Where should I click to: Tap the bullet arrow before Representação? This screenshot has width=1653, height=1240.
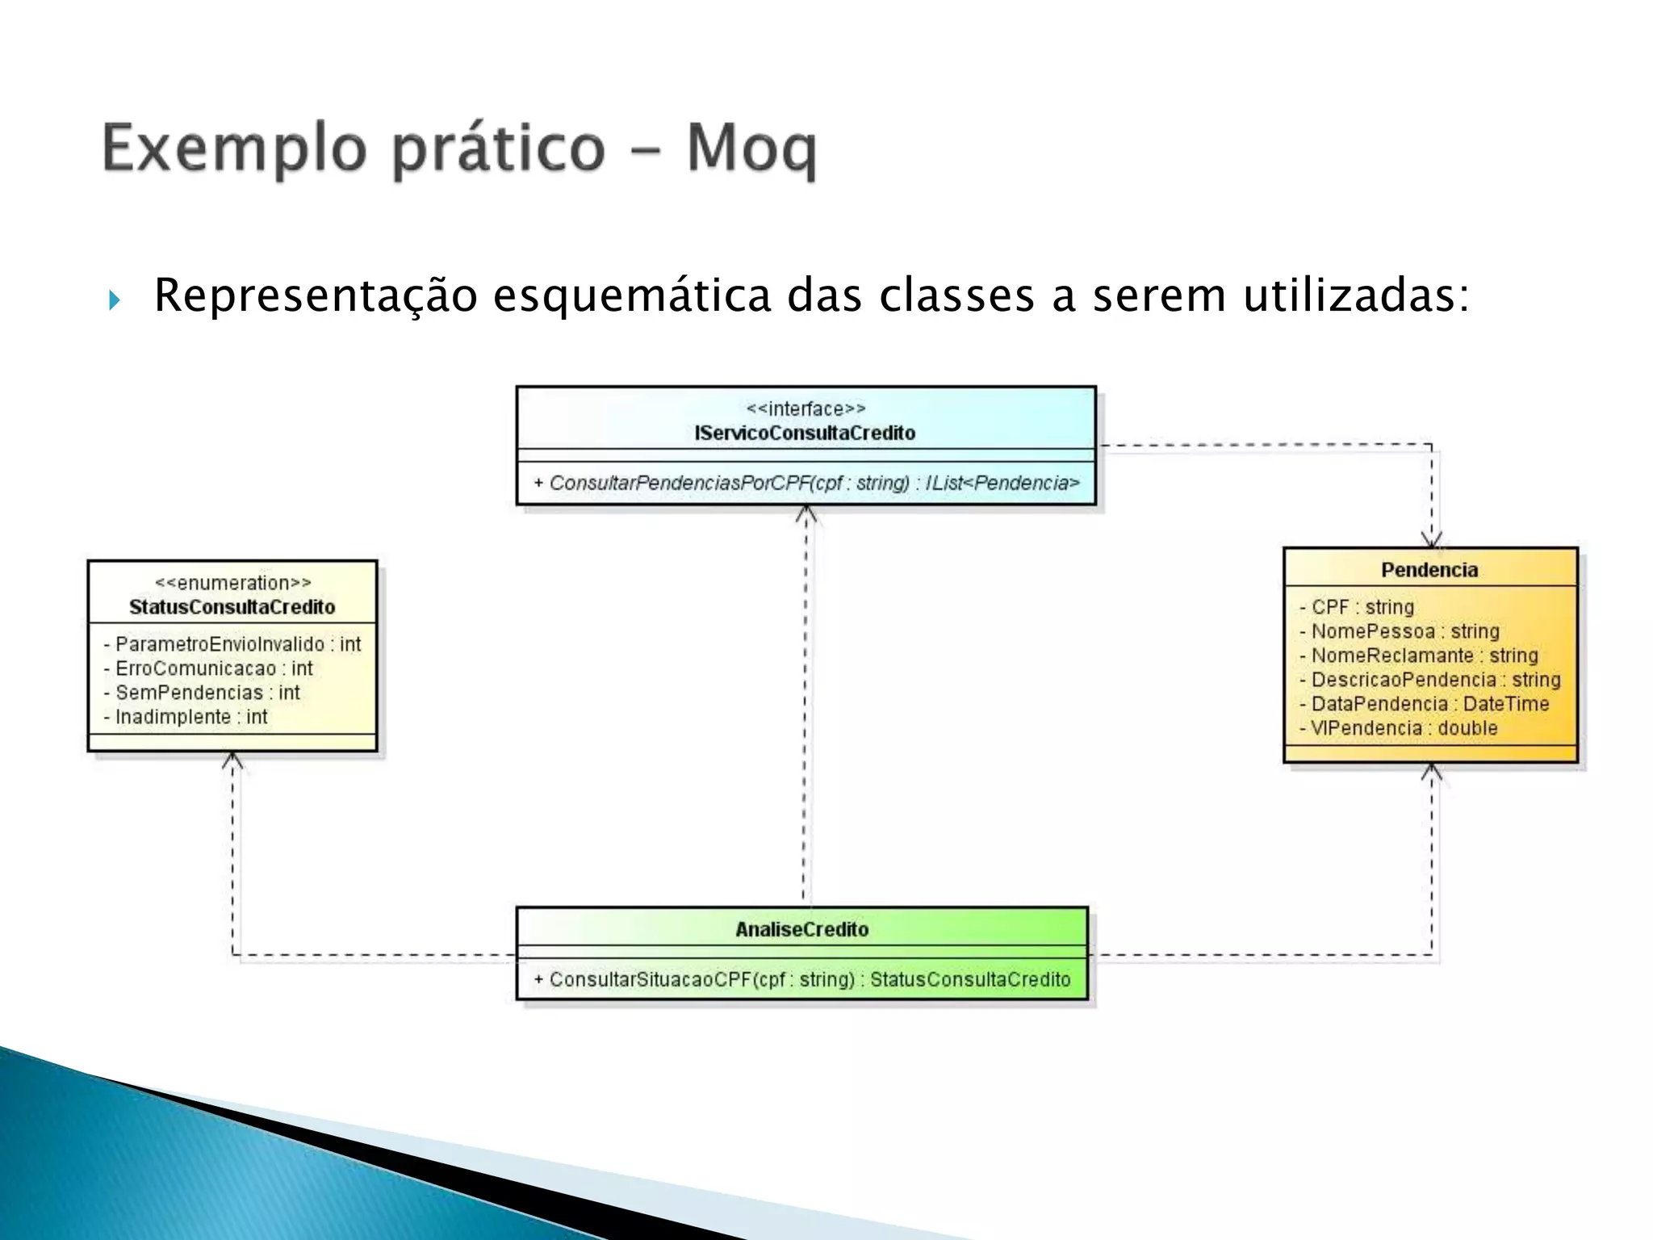pos(114,301)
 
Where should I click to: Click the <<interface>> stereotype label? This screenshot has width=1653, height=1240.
pos(806,409)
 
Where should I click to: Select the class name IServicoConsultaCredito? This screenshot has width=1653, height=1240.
pos(805,434)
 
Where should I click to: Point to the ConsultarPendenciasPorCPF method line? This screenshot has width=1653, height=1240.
pos(806,484)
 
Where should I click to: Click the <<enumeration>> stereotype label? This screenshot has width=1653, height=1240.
pos(232,583)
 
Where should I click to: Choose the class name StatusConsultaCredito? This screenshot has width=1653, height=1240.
pos(232,607)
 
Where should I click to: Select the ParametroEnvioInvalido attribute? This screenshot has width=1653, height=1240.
pos(232,644)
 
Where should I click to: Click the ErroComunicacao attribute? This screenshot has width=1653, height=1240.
pos(208,668)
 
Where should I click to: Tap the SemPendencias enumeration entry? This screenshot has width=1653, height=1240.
pos(202,693)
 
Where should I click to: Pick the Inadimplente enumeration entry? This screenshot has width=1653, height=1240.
pos(186,717)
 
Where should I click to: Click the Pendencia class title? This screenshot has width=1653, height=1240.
pos(1429,570)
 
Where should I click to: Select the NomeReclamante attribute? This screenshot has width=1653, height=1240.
pos(1419,656)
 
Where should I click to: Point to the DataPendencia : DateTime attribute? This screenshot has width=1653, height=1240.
pos(1425,704)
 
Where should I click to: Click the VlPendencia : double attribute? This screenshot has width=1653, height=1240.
pos(1399,728)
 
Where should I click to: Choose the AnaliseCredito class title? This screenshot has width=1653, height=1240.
pos(801,929)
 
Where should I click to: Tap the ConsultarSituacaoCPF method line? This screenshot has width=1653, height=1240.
pos(801,979)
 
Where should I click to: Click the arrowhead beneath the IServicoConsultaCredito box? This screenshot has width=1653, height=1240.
pos(806,513)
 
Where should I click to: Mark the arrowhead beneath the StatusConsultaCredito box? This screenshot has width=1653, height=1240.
pos(232,760)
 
